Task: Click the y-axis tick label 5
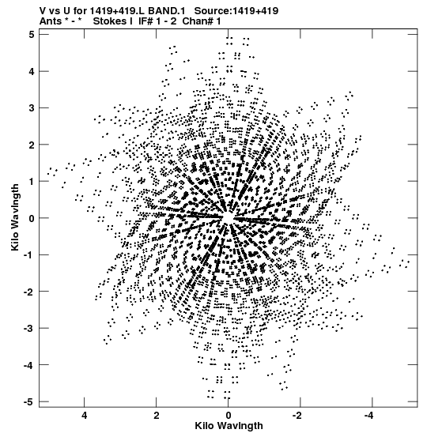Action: point(32,35)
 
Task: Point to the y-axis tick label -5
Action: point(29,402)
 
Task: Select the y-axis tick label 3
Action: point(32,107)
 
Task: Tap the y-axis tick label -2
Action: point(29,292)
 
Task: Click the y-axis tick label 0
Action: point(32,218)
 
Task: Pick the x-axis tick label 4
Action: point(85,416)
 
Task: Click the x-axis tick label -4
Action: point(368,416)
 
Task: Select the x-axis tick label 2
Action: point(157,416)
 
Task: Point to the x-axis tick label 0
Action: point(229,416)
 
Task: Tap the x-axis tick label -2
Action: point(297,416)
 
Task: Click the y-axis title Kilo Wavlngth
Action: point(15,217)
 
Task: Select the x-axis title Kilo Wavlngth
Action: point(229,426)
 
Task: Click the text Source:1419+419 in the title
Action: point(236,11)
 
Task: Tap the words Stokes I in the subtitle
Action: point(112,21)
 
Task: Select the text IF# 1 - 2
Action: point(157,21)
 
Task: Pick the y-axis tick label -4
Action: point(29,365)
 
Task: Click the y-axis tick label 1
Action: point(32,182)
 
